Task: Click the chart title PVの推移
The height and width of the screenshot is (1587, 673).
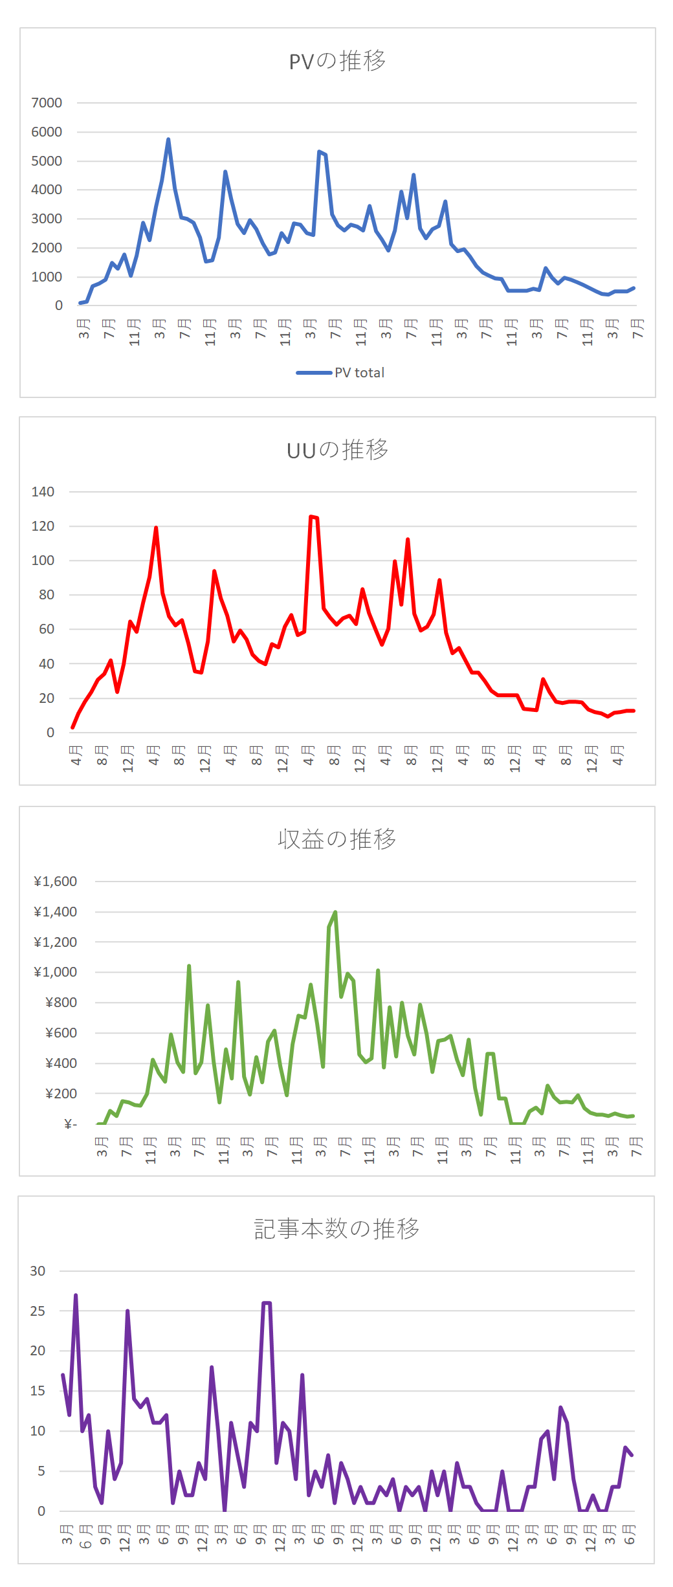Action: [337, 61]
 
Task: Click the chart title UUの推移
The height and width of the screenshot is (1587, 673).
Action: [337, 450]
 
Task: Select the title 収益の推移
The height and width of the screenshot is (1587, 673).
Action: [336, 839]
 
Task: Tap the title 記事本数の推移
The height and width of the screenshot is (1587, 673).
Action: [336, 1228]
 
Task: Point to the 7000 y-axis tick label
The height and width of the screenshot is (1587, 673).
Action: [47, 103]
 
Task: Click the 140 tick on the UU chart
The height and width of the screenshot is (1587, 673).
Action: [43, 492]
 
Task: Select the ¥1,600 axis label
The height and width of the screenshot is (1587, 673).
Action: [56, 882]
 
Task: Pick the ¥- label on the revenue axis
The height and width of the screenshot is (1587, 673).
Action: [71, 1124]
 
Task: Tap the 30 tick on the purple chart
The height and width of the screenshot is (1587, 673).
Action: [38, 1271]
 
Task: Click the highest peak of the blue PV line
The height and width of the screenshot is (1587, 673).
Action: [168, 139]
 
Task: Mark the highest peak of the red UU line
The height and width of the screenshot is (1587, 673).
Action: [311, 516]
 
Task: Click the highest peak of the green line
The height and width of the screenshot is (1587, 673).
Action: [335, 912]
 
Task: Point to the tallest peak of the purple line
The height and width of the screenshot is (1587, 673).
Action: [76, 1295]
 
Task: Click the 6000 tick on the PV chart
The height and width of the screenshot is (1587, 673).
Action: [47, 132]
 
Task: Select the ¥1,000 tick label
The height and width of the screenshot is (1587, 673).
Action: [56, 972]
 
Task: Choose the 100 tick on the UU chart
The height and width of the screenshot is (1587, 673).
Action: [43, 560]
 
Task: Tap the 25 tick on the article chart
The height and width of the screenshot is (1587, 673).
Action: [38, 1311]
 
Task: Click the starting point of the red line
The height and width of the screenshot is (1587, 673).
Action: [72, 727]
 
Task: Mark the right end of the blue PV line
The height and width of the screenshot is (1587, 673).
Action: [634, 288]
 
